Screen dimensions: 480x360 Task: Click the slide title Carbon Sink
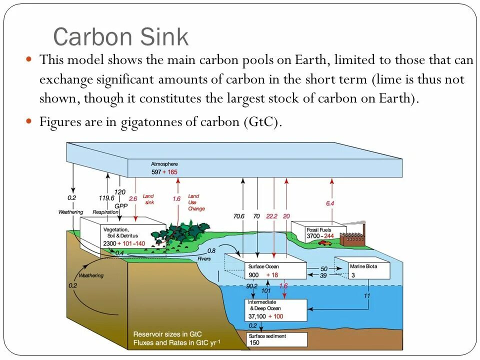(120, 37)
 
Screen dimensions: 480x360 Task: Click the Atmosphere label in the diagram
(164, 164)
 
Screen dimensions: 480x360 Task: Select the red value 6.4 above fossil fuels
(330, 203)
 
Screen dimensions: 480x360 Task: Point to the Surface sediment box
(277, 339)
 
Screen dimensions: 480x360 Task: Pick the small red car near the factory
(324, 243)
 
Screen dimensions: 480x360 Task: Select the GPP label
(120, 205)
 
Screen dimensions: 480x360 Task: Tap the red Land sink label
(148, 199)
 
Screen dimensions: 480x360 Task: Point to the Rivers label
(204, 258)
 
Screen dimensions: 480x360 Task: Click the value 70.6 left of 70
(238, 216)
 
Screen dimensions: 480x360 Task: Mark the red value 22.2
(271, 216)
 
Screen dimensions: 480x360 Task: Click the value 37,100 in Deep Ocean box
(258, 316)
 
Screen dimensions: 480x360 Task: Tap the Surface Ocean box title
(263, 266)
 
